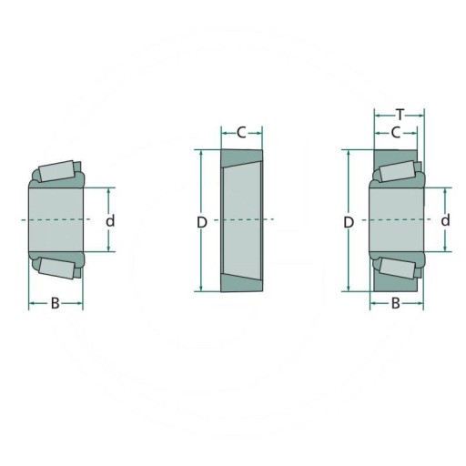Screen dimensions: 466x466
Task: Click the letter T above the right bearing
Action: [x=400, y=115]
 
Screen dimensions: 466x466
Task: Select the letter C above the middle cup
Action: [x=241, y=133]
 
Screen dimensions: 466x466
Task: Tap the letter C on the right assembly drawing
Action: [x=396, y=133]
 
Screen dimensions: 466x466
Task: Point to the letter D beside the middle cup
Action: [x=202, y=223]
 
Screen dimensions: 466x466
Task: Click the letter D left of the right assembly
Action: [x=349, y=223]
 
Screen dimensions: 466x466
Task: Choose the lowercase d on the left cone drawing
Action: [x=110, y=220]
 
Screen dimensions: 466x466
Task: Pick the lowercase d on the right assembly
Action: [x=445, y=220]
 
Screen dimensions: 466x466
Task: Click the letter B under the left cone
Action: [x=55, y=303]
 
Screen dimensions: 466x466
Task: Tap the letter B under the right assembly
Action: [x=396, y=303]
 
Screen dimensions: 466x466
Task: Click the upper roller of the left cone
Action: [x=56, y=171]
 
